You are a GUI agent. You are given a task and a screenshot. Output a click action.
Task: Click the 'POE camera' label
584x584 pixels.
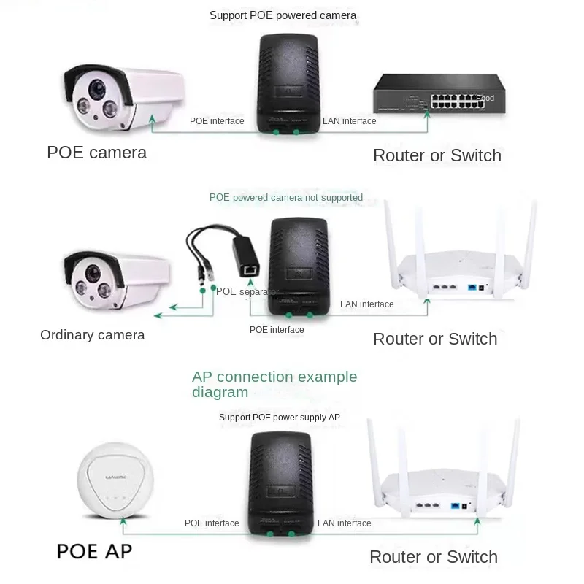[x=96, y=153]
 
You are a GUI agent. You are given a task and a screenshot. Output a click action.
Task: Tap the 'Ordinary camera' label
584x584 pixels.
[x=92, y=335]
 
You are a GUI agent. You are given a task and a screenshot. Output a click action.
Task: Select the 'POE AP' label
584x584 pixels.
[x=94, y=550]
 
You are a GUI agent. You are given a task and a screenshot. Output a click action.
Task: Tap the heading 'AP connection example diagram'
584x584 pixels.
[x=274, y=384]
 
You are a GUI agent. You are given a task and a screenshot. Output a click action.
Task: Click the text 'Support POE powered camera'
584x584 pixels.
[x=283, y=15]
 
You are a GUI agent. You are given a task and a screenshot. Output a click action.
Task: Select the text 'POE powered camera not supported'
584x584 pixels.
[x=285, y=198]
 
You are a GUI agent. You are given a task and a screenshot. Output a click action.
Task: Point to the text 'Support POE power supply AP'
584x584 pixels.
[x=279, y=418]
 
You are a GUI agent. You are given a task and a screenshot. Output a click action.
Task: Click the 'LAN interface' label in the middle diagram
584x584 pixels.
[x=366, y=304]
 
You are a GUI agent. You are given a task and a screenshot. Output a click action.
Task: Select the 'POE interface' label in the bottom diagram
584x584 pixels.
[x=212, y=523]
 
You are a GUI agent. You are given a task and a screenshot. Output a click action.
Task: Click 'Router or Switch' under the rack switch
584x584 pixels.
[x=437, y=155]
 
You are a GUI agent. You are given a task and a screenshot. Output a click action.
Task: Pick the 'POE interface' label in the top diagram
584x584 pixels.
[x=217, y=121]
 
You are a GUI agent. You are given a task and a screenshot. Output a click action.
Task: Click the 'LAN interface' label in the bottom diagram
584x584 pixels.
[x=344, y=523]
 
